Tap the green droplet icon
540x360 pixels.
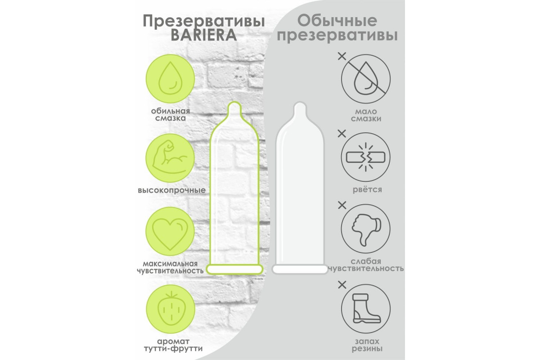171,81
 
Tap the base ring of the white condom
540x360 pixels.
300,269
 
